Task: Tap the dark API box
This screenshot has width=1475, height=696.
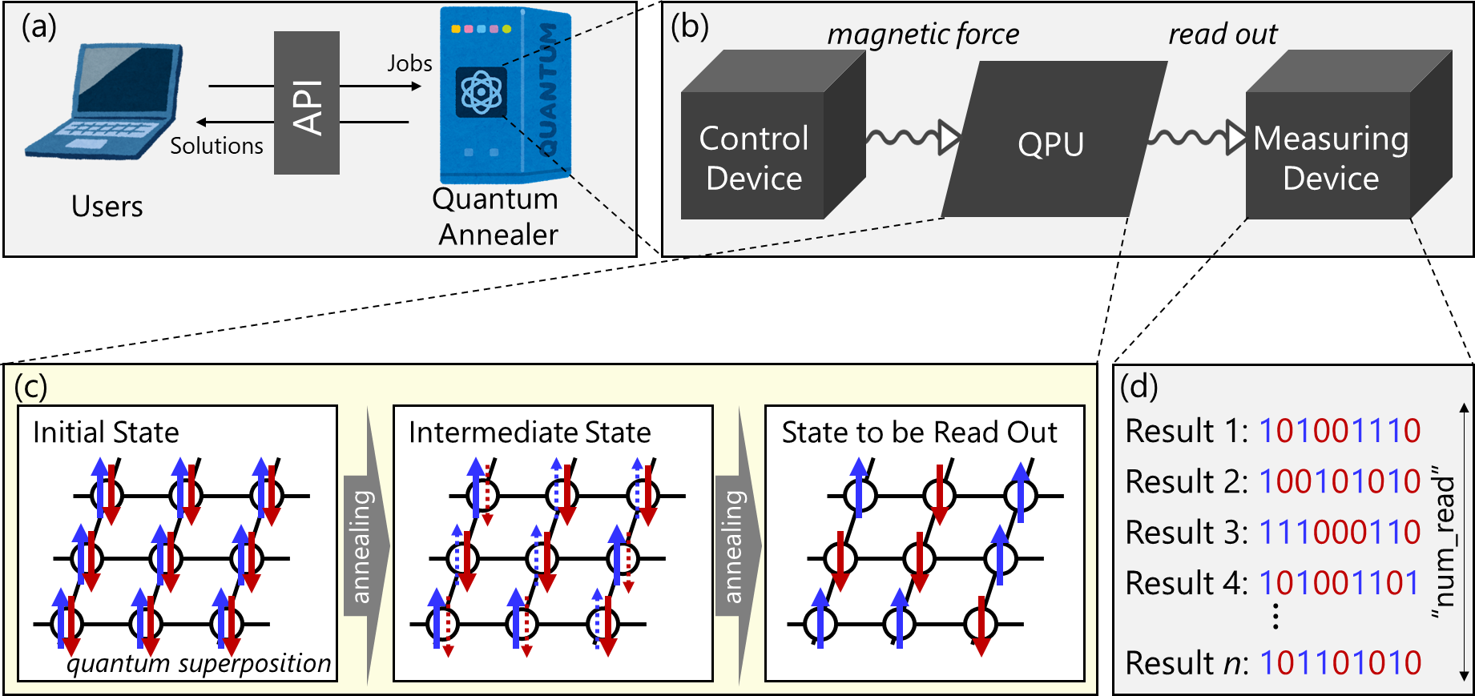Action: point(306,103)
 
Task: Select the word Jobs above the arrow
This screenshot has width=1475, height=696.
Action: point(409,63)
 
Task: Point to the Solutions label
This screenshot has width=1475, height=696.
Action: point(216,146)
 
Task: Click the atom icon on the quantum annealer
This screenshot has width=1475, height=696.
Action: point(481,92)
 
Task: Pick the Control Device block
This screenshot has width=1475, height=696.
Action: point(753,157)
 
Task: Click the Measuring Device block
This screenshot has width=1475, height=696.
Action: point(1331,157)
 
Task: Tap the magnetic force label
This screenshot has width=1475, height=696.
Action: point(923,34)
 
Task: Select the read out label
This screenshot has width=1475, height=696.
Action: point(1223,34)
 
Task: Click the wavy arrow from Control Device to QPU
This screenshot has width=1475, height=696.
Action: point(912,137)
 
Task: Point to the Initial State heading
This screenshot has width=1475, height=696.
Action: point(106,432)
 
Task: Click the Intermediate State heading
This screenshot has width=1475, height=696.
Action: point(530,432)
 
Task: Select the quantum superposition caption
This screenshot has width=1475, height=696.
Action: point(199,663)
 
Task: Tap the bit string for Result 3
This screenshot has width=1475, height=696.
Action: point(1340,533)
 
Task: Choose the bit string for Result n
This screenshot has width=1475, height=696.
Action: point(1340,663)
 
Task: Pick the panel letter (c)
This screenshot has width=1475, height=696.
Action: point(30,387)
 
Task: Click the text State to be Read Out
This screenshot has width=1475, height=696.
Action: point(919,432)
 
